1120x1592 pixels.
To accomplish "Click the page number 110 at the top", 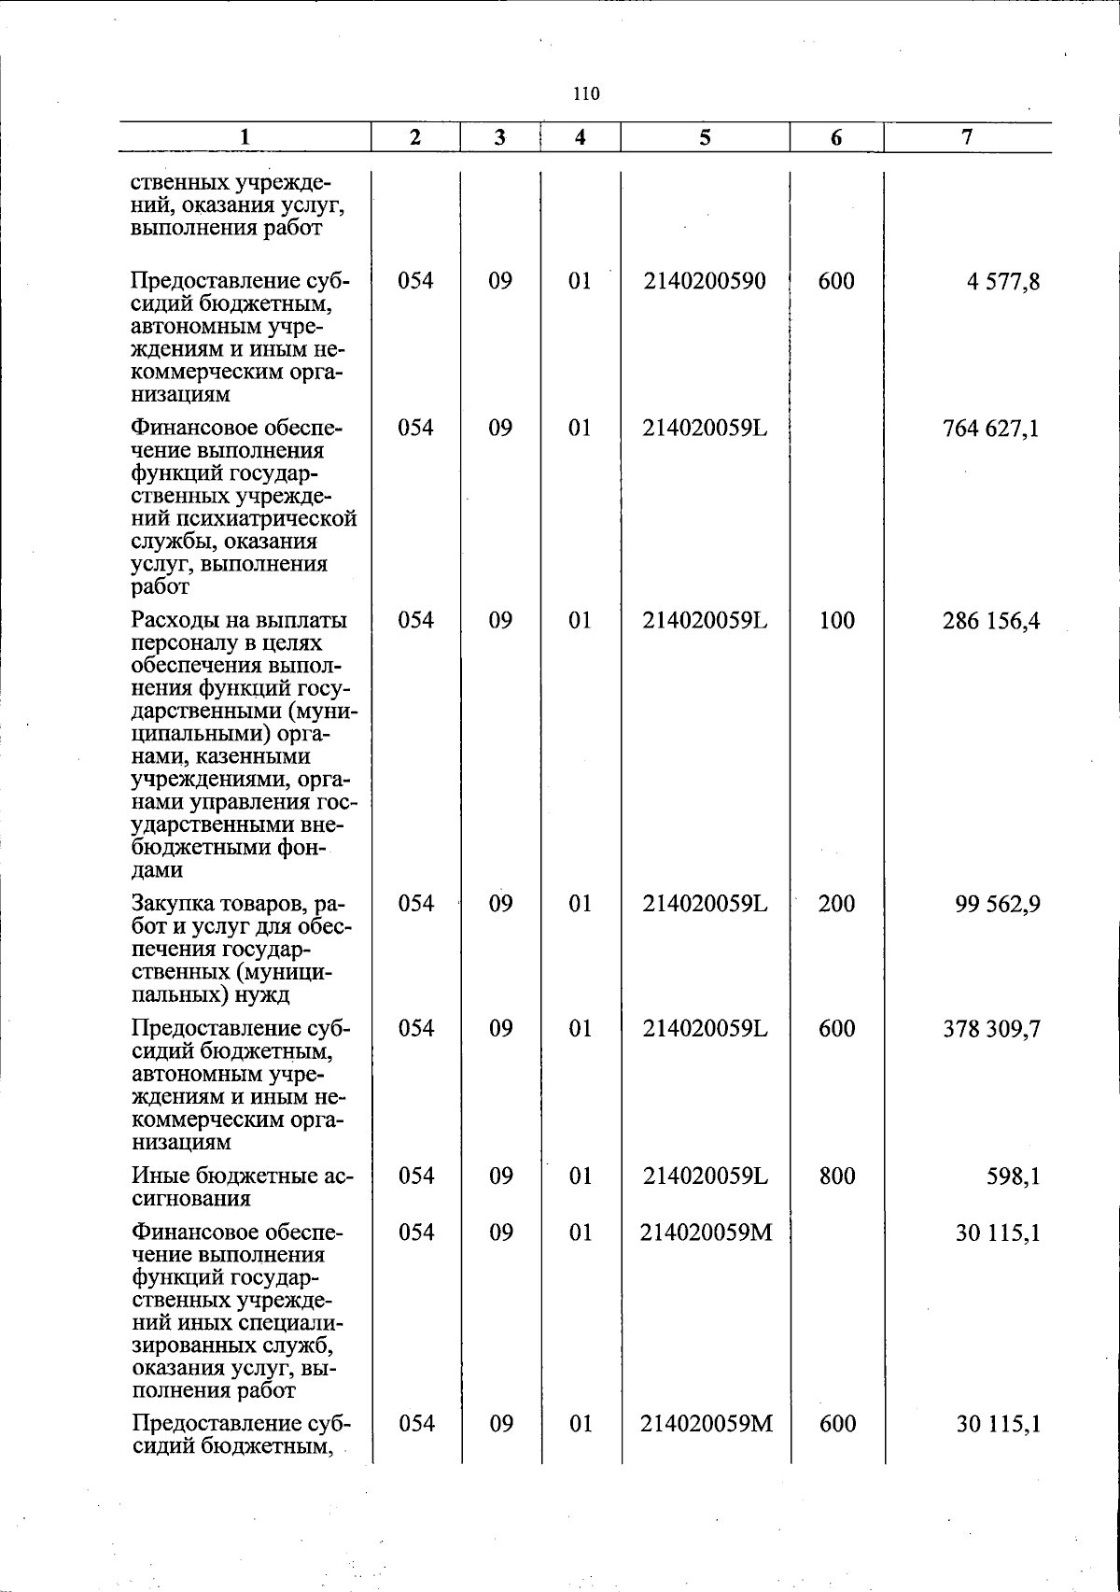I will [x=586, y=93].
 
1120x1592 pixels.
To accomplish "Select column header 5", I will [x=705, y=137].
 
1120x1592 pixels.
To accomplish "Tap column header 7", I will [x=967, y=136].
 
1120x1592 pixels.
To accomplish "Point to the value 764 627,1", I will [x=991, y=429].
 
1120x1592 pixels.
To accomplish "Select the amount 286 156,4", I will [x=991, y=621].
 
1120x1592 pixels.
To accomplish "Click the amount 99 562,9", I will [x=997, y=905].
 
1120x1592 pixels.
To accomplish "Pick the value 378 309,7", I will [x=991, y=1030].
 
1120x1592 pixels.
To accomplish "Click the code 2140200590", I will [x=705, y=281].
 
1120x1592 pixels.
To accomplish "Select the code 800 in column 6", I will [x=836, y=1176].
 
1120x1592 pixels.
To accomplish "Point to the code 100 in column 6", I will [x=836, y=620].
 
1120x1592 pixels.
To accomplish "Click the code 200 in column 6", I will [x=836, y=904].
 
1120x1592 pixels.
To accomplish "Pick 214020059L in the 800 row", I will [x=705, y=1176].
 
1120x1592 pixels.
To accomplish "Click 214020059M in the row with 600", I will [x=706, y=1424].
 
